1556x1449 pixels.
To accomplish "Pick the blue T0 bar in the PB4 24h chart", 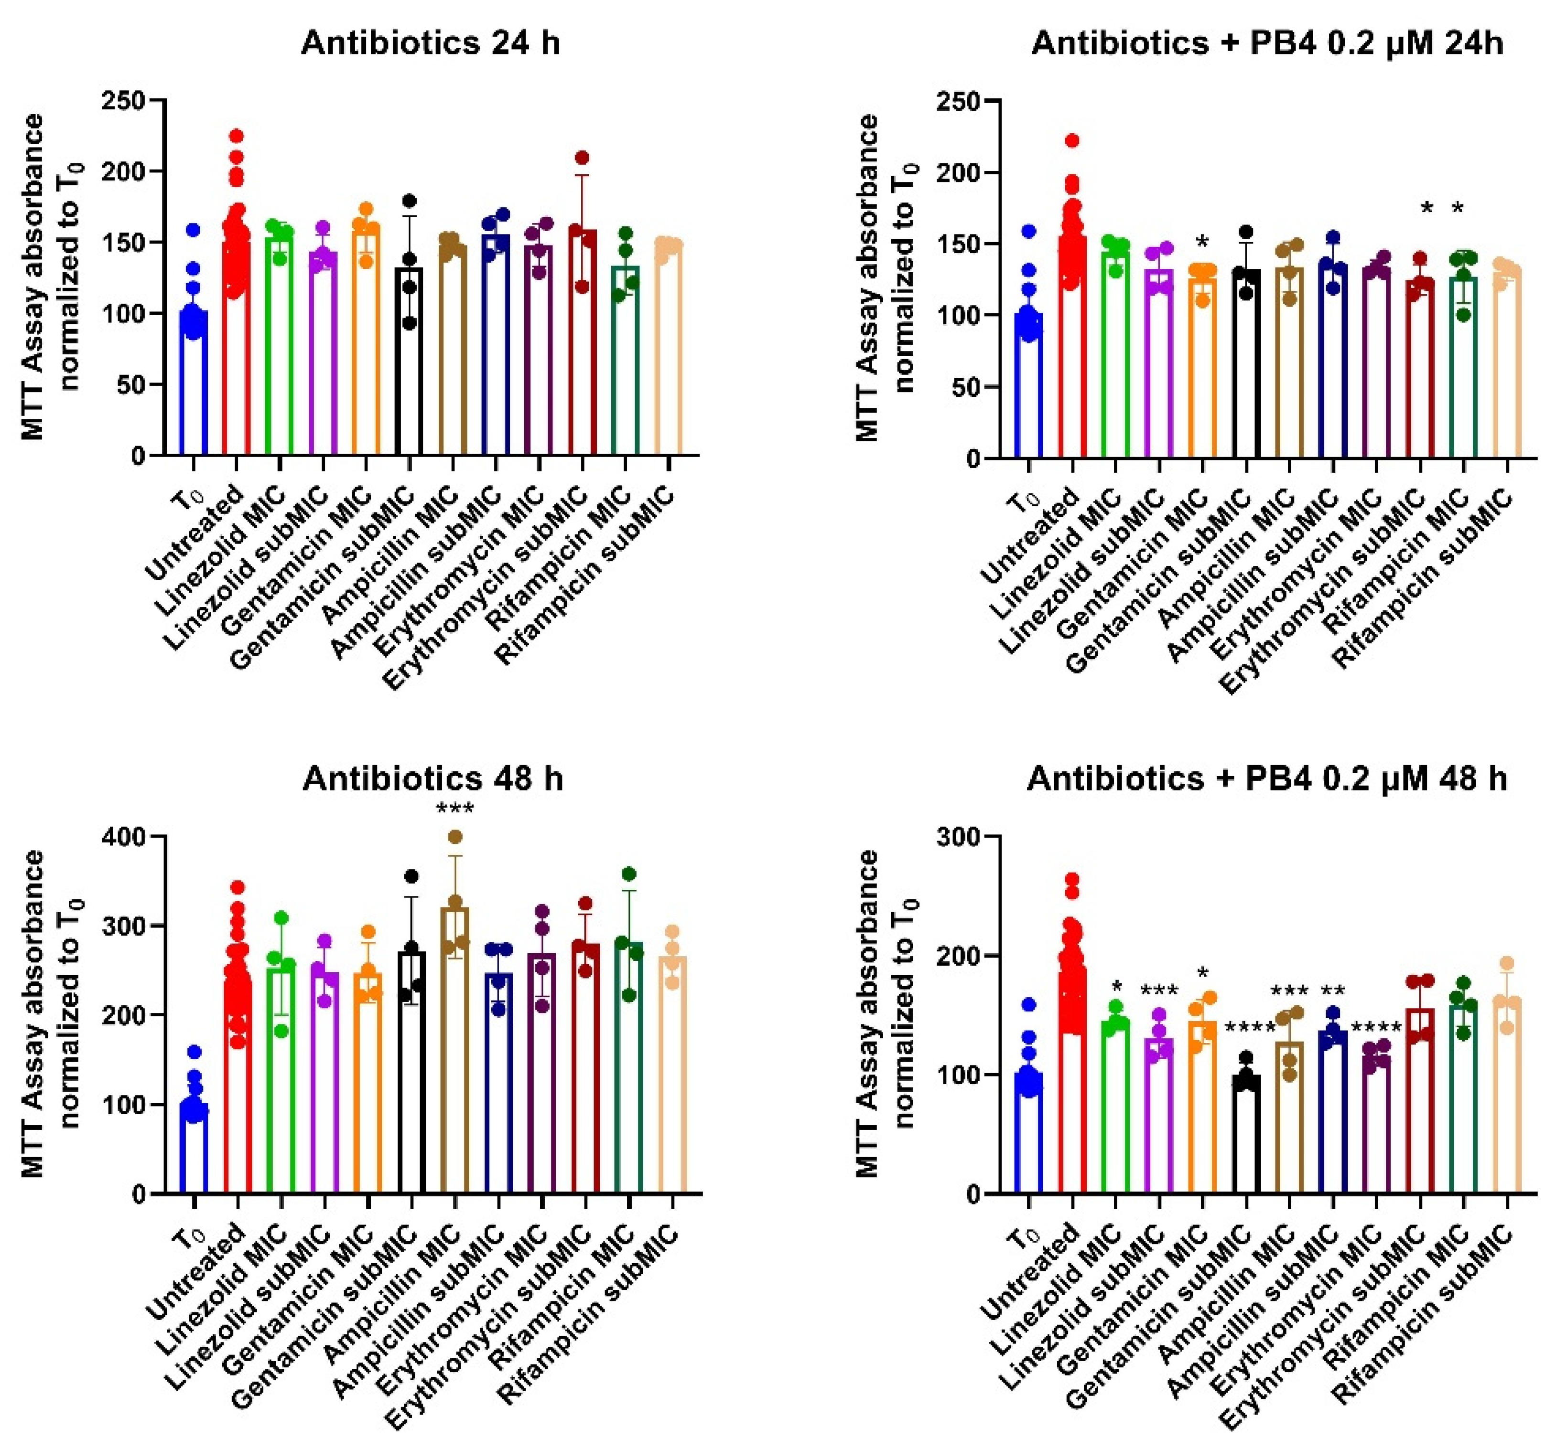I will click(1028, 391).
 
